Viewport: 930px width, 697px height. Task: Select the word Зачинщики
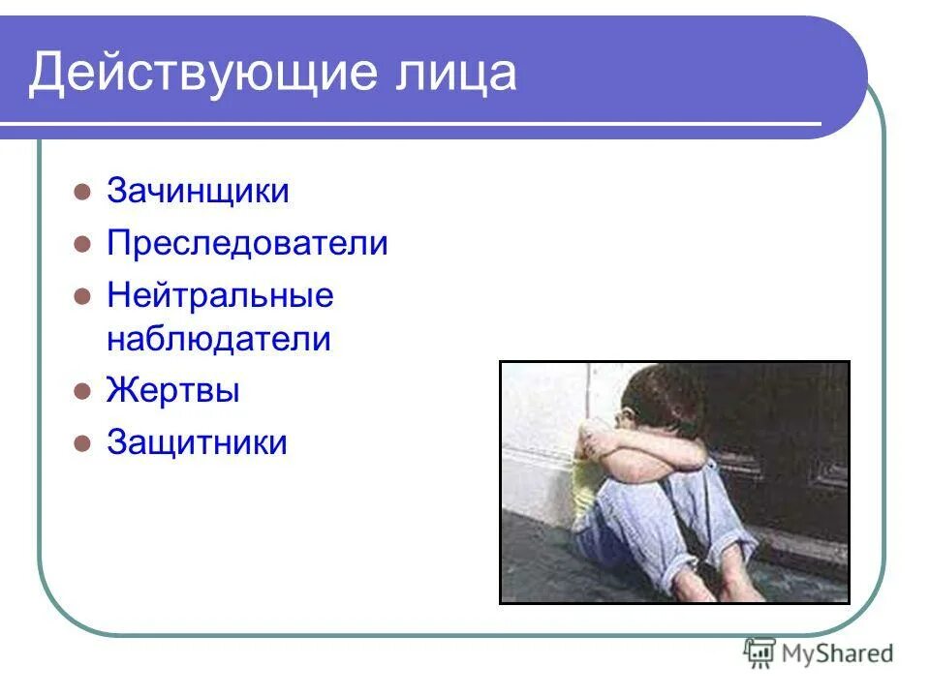[x=198, y=191]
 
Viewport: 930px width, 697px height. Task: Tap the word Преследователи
[x=247, y=243]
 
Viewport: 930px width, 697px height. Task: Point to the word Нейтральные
[x=220, y=295]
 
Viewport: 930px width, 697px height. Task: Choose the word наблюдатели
[x=219, y=339]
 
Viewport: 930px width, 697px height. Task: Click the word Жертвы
[x=172, y=391]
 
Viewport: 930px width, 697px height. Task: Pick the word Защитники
[x=197, y=442]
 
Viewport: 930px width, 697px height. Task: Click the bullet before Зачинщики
[x=82, y=192]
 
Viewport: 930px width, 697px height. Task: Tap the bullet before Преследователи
[x=82, y=244]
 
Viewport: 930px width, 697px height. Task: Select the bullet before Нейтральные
[x=82, y=296]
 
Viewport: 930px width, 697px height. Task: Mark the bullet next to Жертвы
[x=82, y=392]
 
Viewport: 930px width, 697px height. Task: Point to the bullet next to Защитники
[x=82, y=443]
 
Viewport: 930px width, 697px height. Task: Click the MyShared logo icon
[x=759, y=653]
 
